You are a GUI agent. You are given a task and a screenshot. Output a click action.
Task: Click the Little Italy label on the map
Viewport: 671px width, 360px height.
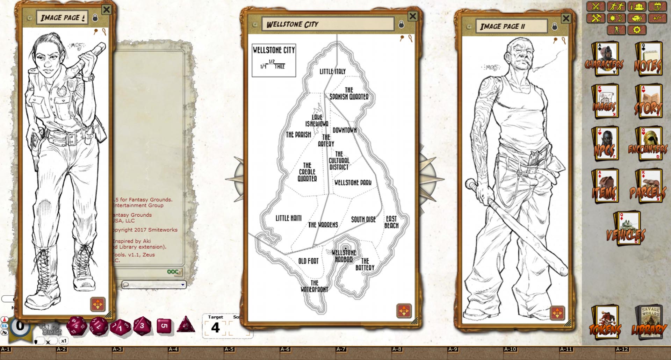click(332, 71)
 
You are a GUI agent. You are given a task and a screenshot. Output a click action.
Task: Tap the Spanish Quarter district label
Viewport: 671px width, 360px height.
click(349, 93)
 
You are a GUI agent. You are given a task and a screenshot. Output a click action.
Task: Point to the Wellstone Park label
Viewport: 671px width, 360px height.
click(353, 182)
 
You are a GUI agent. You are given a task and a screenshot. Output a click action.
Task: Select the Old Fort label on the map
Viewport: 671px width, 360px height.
click(308, 261)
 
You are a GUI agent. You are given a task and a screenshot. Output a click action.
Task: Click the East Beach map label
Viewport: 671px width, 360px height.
click(391, 222)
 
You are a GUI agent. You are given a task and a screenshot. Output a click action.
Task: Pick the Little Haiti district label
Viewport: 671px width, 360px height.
click(288, 218)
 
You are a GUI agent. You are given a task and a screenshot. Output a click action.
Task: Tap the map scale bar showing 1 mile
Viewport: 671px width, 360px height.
click(273, 65)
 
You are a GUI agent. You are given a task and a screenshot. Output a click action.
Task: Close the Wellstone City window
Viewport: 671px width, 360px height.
click(413, 16)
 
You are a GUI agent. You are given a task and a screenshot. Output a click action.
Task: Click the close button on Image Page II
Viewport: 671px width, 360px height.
click(566, 18)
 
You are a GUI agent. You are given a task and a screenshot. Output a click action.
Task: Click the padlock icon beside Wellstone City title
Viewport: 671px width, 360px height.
click(401, 24)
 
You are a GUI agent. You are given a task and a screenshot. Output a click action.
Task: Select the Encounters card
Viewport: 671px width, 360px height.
click(648, 144)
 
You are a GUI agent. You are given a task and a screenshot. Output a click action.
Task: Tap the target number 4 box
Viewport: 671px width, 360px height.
click(215, 328)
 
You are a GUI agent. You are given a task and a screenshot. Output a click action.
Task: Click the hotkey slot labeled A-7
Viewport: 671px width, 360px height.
click(341, 349)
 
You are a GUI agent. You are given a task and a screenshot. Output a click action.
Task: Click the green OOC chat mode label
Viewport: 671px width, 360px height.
click(173, 272)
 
